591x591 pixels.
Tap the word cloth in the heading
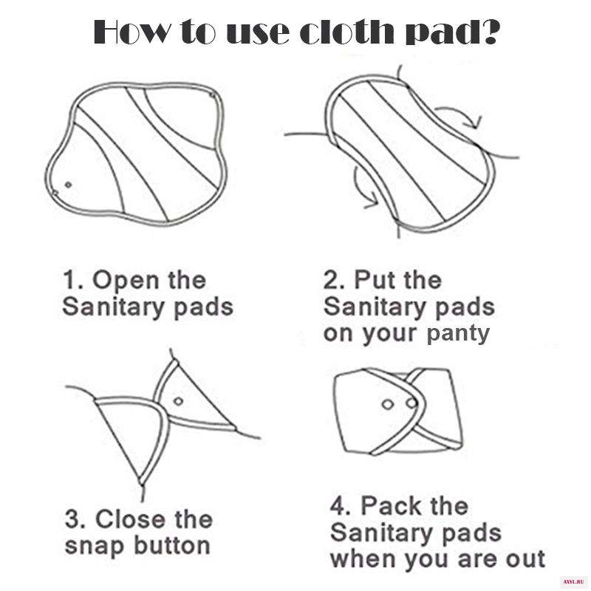pyautogui.click(x=346, y=32)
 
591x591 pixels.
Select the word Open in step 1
pyautogui.click(x=126, y=281)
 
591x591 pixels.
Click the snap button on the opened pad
pyautogui.click(x=68, y=185)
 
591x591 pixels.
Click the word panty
pyautogui.click(x=458, y=335)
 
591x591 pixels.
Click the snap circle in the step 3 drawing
pyautogui.click(x=178, y=401)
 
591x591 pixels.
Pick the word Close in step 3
pyautogui.click(x=130, y=519)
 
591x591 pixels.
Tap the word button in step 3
pyautogui.click(x=172, y=545)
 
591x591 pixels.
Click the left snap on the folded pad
pyautogui.click(x=387, y=405)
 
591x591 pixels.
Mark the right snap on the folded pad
pyautogui.click(x=411, y=403)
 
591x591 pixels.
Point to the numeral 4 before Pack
pyautogui.click(x=338, y=505)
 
